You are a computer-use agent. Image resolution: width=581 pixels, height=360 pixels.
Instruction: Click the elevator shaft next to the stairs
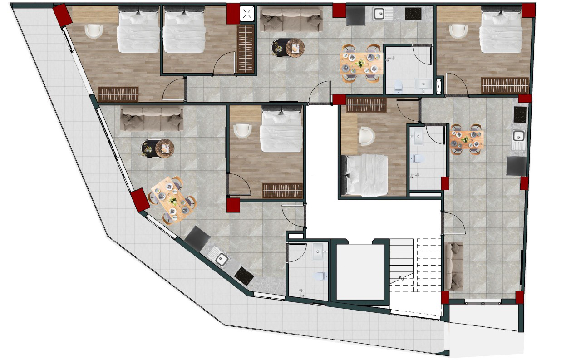[x=360, y=272]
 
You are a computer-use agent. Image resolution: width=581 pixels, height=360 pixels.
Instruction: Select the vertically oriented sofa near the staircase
[x=454, y=266]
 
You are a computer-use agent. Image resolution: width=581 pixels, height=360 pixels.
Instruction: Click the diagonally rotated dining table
[x=172, y=200]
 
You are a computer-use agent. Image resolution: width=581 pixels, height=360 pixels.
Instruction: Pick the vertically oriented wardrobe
[x=246, y=49]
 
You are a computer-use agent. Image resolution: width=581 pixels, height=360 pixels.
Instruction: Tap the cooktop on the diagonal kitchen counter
[x=244, y=276]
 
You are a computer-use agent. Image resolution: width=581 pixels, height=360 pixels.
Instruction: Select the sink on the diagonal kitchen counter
[x=222, y=259]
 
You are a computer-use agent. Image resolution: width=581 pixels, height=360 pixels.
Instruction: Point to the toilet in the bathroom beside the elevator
[x=321, y=276]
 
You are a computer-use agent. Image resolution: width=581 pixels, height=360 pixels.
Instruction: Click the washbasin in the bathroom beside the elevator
[x=319, y=251]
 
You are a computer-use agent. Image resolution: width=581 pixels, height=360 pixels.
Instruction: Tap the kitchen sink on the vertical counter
[x=518, y=136]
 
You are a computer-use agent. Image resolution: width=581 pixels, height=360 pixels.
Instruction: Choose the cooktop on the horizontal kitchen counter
[x=413, y=14]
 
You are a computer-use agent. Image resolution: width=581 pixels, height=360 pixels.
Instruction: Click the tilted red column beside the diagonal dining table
[x=140, y=200]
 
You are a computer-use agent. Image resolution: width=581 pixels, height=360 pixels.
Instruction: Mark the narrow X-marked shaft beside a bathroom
[x=438, y=86]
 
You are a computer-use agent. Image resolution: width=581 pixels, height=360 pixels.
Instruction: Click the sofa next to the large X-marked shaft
[x=291, y=20]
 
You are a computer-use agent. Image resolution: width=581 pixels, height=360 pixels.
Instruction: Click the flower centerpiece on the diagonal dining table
[x=172, y=200]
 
